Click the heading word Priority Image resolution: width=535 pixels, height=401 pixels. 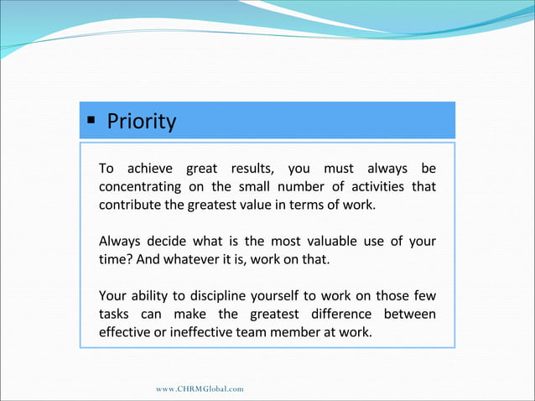tap(141, 122)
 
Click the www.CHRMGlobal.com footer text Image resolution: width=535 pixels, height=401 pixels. tap(200, 389)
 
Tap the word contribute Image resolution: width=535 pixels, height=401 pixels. tap(129, 205)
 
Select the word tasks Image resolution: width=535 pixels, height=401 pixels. tap(116, 315)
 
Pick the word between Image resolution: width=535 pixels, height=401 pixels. tap(408, 315)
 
